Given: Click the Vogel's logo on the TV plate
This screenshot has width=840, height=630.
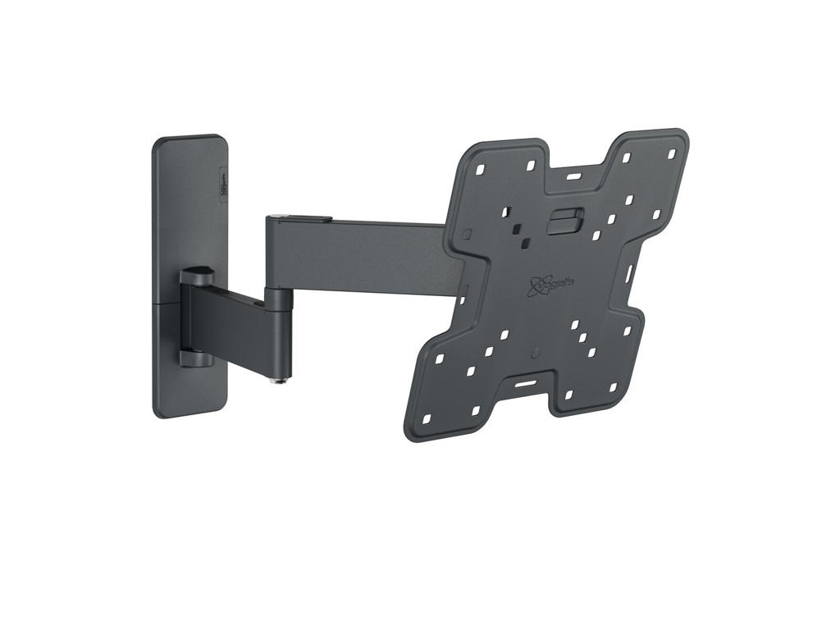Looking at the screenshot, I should [x=538, y=283].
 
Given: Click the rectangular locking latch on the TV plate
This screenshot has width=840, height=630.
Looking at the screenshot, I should [x=565, y=221].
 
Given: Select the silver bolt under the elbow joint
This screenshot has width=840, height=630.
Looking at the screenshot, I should [x=279, y=379].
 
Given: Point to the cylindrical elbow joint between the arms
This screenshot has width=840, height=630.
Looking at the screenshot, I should [x=279, y=328].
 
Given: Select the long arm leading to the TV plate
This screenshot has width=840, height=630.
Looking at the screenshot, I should [x=361, y=254].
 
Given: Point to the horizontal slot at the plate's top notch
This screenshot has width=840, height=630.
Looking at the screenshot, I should [x=573, y=176].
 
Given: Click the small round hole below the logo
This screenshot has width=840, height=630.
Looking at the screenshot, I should [x=534, y=353].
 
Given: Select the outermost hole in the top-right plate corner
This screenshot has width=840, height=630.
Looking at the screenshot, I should [x=671, y=153].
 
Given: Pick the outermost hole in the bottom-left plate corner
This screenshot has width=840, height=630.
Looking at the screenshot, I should [x=425, y=419].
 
